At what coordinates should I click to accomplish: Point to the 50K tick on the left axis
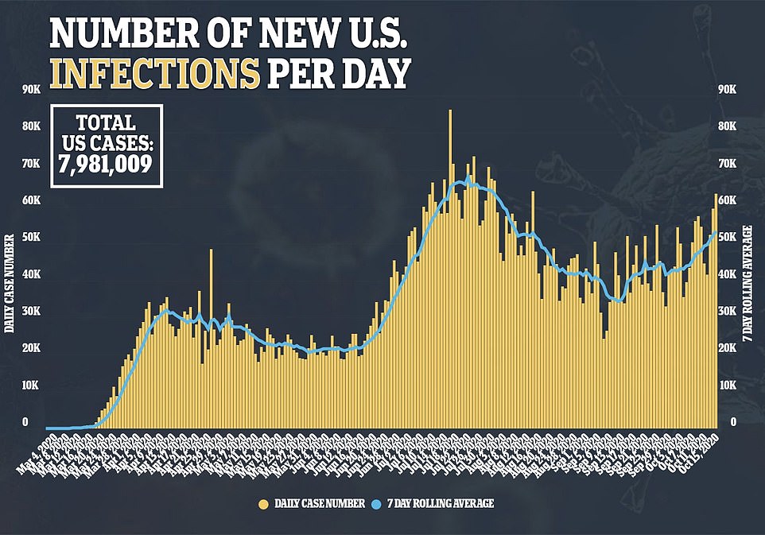tap(31, 238)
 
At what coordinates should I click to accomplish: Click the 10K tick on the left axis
tap(31, 386)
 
